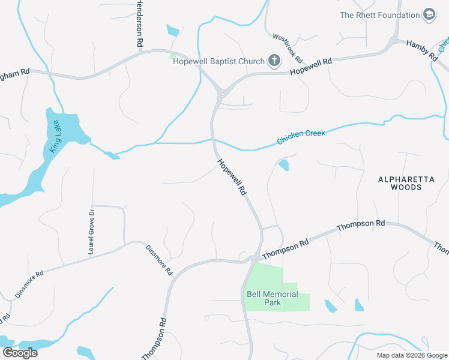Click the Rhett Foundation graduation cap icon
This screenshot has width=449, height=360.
pyautogui.click(x=429, y=15)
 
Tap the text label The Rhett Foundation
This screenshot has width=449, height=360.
pyautogui.click(x=380, y=15)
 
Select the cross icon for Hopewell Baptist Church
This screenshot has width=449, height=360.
pyautogui.click(x=274, y=61)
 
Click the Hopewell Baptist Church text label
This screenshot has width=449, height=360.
pyautogui.click(x=219, y=61)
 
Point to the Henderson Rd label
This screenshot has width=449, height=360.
pyautogui.click(x=140, y=24)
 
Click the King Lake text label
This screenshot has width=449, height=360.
pyautogui.click(x=55, y=139)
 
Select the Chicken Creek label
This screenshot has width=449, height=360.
pyautogui.click(x=301, y=137)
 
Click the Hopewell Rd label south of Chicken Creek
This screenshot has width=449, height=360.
pyautogui.click(x=232, y=177)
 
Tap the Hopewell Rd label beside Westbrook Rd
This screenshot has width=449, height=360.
pyautogui.click(x=311, y=67)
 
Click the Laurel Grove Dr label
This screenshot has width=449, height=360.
pyautogui.click(x=92, y=232)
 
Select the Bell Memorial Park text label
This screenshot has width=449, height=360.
pyautogui.click(x=273, y=298)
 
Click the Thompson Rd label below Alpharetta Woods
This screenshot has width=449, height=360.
pyautogui.click(x=361, y=226)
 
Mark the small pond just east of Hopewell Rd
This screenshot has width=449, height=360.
pyautogui.click(x=283, y=164)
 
